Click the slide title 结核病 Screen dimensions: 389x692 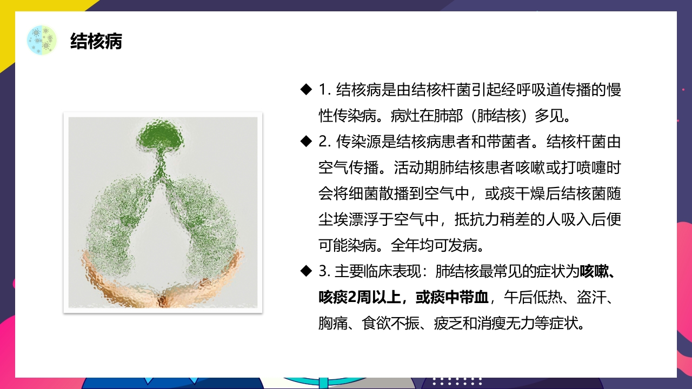[96, 41]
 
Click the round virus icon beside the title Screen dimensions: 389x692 [42, 40]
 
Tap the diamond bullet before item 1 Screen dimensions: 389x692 [307, 89]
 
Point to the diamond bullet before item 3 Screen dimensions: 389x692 [307, 271]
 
